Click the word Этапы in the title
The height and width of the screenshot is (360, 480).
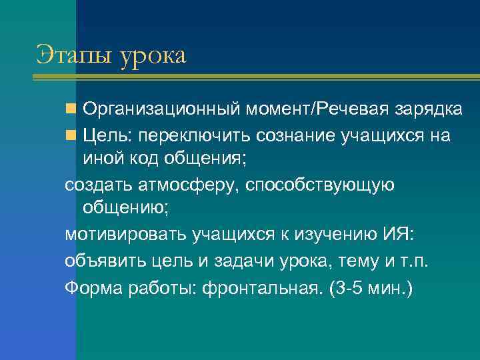point(75,55)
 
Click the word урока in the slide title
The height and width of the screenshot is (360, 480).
point(153,57)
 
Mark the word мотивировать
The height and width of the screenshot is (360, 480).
point(126,235)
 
